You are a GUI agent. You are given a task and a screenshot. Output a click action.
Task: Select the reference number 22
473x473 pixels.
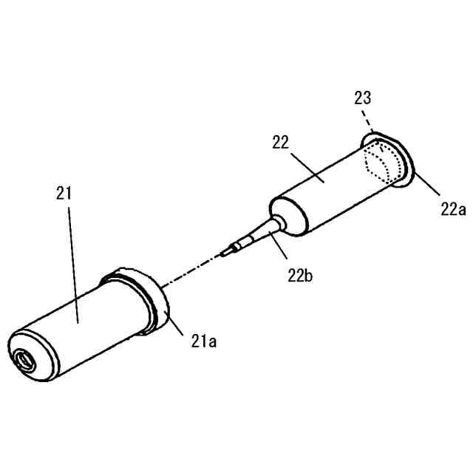tap(281, 143)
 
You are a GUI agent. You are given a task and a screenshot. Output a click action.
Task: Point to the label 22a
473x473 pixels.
tap(452, 209)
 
